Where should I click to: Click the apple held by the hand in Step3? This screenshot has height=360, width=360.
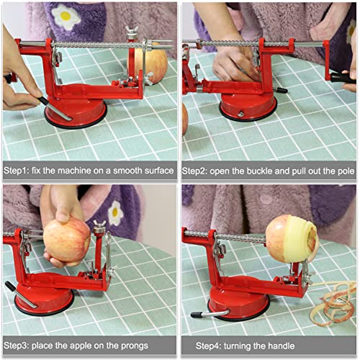pos(66,242)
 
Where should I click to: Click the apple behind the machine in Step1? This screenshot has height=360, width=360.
pos(153,63)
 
